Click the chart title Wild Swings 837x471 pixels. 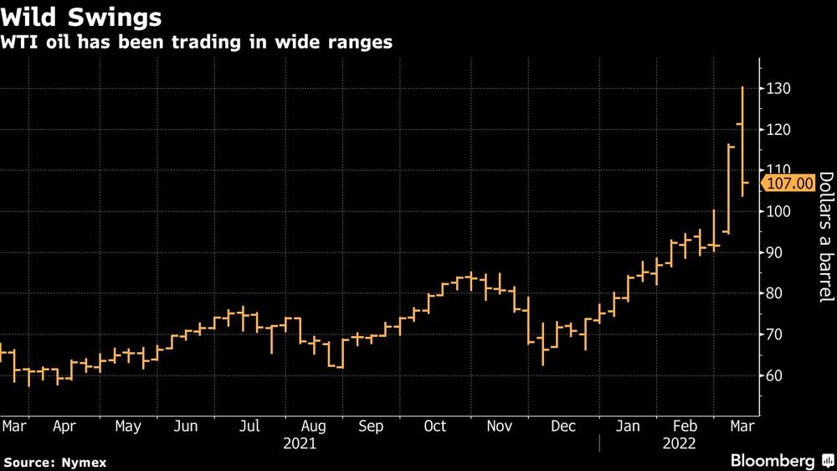coord(82,17)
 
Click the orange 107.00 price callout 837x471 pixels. coord(788,183)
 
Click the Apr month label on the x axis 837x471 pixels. coord(64,427)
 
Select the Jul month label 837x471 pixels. coord(249,427)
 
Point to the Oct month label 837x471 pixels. coord(435,427)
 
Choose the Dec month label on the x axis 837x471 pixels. coord(563,427)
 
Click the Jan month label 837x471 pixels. coord(627,427)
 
